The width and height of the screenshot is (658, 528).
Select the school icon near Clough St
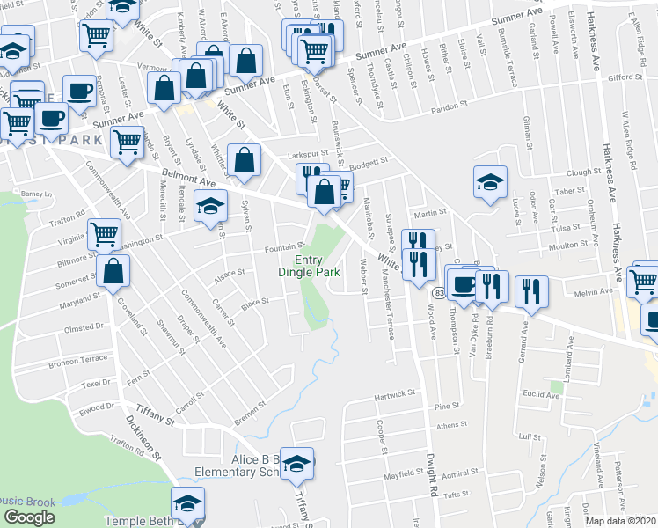491,182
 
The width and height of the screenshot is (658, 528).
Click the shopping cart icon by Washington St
104,235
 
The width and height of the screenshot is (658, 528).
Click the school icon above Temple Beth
186,504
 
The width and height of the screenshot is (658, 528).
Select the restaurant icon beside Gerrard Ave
531,291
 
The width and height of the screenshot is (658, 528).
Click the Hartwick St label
392,395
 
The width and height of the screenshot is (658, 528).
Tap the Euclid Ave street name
540,395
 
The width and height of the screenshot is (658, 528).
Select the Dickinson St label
144,437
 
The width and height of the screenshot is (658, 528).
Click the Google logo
29,517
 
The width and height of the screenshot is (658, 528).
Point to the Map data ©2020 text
621,521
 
